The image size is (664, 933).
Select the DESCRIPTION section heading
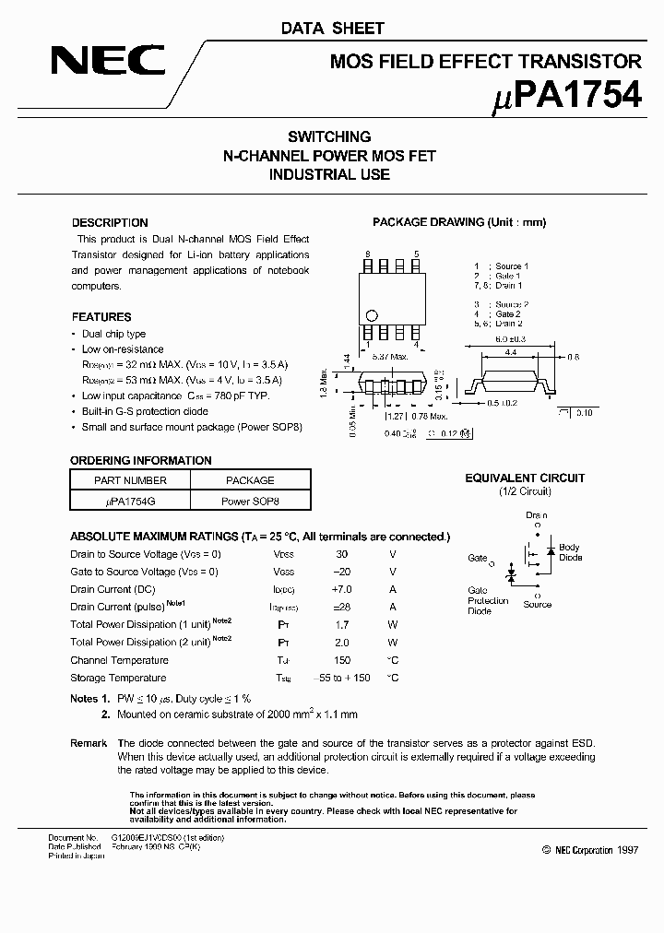(x=110, y=222)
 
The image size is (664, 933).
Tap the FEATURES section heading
(x=101, y=316)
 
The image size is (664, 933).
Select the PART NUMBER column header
(x=130, y=480)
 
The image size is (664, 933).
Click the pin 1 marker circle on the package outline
(x=372, y=313)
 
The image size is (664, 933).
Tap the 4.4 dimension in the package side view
(x=508, y=351)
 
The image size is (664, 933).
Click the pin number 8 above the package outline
(x=367, y=254)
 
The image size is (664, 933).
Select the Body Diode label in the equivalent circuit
(x=570, y=552)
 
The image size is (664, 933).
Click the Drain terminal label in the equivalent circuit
(x=537, y=515)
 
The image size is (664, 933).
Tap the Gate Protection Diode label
(x=488, y=600)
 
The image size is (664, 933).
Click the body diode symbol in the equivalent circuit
(x=551, y=550)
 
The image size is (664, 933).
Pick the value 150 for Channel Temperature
(x=341, y=660)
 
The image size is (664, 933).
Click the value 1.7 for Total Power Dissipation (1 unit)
(x=341, y=625)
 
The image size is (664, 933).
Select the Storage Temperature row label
(x=119, y=678)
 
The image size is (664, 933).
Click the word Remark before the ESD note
(x=89, y=743)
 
